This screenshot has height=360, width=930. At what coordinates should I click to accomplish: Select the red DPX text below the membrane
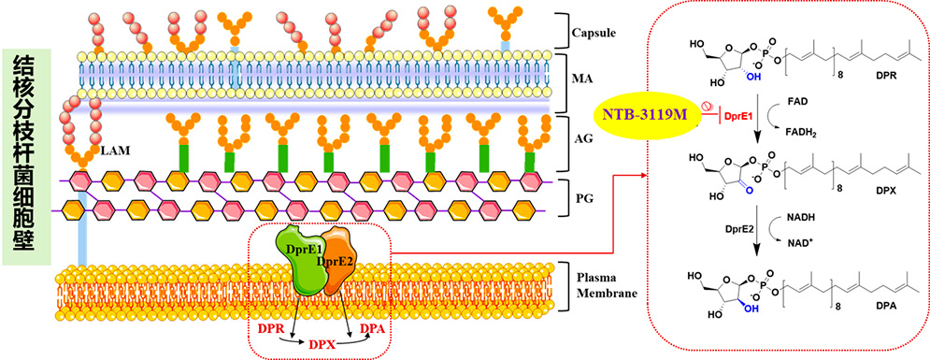[321, 342]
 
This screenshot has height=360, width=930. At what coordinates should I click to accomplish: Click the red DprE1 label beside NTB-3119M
[737, 118]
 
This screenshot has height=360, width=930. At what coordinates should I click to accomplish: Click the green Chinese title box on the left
[27, 156]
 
